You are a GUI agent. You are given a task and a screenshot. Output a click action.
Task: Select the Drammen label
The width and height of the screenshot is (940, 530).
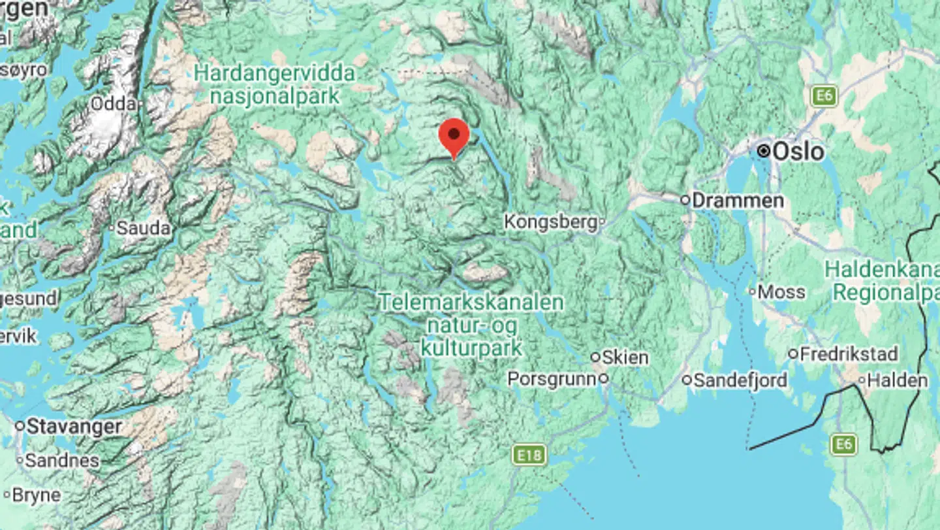click(737, 200)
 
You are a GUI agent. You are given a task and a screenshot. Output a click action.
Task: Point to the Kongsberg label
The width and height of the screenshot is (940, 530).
click(551, 222)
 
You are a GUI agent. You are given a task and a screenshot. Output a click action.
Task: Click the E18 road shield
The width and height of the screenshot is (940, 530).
click(529, 455)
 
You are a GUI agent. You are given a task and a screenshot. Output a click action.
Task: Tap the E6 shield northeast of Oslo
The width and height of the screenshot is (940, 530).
click(824, 96)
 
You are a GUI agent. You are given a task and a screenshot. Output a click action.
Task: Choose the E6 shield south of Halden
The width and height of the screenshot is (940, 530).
click(843, 444)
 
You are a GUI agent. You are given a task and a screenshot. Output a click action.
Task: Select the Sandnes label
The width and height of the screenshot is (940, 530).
click(62, 461)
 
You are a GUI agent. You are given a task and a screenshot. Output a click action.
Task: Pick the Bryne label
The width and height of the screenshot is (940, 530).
click(36, 495)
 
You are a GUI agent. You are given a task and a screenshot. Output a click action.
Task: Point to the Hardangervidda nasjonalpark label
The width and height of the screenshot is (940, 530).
click(275, 84)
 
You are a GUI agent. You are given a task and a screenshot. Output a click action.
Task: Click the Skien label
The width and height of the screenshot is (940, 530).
click(625, 357)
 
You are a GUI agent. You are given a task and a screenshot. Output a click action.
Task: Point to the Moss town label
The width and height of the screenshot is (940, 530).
click(781, 292)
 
